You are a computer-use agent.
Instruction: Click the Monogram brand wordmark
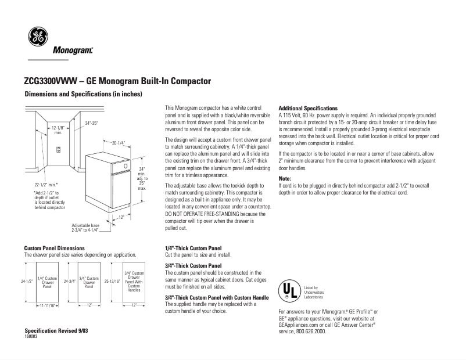pyautogui.click(x=73, y=51)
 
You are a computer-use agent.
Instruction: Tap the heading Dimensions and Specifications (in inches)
pyautogui.click(x=83, y=94)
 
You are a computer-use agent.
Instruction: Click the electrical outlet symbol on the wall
pyautogui.click(x=58, y=150)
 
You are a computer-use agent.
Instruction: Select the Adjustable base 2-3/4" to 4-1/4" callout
pyautogui.click(x=85, y=227)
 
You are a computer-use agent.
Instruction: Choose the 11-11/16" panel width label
pyautogui.click(x=47, y=305)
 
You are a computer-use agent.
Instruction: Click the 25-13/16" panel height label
pyautogui.click(x=112, y=282)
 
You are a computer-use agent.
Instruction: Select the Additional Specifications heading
pyautogui.click(x=308, y=109)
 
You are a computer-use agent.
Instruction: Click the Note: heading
pyautogui.click(x=285, y=179)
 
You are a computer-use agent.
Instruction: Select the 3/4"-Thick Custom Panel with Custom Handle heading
pyautogui.click(x=217, y=298)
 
